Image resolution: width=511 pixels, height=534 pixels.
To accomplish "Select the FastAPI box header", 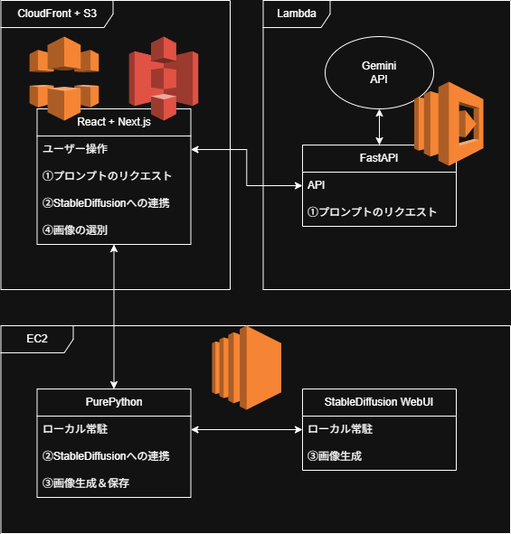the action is tap(379, 158).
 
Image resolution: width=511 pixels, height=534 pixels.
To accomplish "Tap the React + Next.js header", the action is tap(114, 122).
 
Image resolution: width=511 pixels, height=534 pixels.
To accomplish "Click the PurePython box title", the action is tap(114, 402).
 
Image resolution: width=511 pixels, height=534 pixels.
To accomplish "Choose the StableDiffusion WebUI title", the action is tap(379, 402).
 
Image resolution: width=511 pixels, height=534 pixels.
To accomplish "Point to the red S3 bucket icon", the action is tap(164, 79).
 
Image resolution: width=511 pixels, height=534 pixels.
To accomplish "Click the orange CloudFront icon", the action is tap(64, 79).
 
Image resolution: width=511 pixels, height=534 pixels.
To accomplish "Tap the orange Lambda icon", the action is tap(449, 123).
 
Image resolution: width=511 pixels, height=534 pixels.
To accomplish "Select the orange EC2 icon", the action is tap(247, 368).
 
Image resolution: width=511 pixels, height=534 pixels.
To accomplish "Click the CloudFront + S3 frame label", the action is tap(57, 14).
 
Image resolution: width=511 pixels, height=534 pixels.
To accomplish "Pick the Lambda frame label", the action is tap(297, 14).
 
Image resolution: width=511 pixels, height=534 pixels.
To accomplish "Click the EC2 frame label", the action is tap(37, 339).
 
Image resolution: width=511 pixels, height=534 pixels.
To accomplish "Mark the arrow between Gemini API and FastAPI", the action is tap(379, 127).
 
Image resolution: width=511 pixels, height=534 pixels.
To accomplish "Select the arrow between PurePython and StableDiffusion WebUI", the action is tap(247, 429).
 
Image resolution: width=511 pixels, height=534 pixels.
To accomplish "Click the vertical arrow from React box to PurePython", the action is tap(114, 317).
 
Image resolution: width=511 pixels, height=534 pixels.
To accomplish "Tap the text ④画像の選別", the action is tap(75, 230).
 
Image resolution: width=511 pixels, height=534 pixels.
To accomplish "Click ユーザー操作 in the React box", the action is tap(75, 149).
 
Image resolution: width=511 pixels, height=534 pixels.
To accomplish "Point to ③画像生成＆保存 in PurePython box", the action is tap(86, 483).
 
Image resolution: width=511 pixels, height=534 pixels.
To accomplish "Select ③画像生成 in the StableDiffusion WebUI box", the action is tap(335, 456).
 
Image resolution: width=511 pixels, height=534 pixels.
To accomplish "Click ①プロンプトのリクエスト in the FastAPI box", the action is tap(372, 212).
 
